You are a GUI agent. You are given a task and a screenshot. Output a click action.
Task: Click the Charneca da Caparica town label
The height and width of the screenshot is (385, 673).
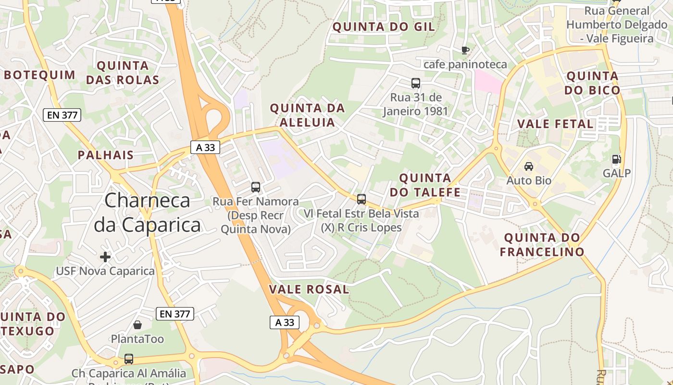coord(147,213)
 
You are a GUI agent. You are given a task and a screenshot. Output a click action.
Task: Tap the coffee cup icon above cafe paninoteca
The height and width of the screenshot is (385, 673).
coord(465,50)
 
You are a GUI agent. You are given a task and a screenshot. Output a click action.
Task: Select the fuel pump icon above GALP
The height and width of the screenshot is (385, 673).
coord(616,159)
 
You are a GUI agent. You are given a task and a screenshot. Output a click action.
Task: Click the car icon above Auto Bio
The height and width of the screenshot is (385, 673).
coord(528,167)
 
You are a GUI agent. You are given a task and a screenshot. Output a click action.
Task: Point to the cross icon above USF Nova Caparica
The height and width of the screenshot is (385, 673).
coord(105,257)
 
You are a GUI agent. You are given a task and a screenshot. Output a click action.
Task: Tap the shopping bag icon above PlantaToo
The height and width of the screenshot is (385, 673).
coord(137,325)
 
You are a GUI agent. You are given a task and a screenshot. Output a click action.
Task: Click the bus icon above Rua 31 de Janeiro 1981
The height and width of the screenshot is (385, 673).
coord(415,83)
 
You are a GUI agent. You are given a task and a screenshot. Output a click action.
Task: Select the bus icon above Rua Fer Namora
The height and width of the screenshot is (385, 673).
coord(256,187)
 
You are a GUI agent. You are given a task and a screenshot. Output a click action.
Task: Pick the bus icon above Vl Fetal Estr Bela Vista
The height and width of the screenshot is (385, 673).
coord(361,199)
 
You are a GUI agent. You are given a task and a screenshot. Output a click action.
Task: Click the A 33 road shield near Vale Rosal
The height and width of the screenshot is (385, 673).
coord(285,322)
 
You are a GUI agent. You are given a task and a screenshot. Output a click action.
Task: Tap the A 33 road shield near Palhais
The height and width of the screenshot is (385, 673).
coord(206,148)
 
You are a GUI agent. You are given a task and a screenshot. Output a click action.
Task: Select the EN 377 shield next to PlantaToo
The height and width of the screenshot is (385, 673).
coord(175,314)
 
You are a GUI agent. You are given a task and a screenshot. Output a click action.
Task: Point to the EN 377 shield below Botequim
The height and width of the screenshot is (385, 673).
coord(62,115)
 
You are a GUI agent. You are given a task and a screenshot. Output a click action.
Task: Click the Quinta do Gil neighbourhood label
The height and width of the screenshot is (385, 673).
coord(384,27)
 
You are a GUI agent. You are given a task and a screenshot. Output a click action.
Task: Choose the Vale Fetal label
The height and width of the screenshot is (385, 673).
coord(555,124)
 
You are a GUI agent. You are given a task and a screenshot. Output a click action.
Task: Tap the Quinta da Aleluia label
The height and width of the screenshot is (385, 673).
coord(308,115)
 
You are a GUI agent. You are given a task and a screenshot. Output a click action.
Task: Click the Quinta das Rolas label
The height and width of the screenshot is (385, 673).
coord(123,73)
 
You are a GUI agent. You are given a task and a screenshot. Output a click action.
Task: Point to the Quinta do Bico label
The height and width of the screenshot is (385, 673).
coord(592,83)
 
